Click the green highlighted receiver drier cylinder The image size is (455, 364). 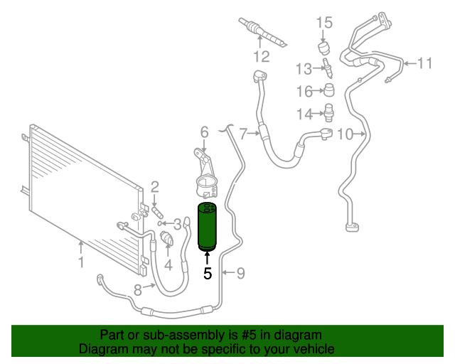pos(208,227)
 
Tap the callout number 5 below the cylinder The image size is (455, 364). pos(208,273)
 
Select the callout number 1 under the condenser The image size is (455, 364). pos(81,263)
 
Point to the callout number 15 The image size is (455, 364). pos(324,23)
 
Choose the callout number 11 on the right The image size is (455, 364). pos(424,64)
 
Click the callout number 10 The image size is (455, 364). pos(345,134)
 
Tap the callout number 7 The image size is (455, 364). pos(243,133)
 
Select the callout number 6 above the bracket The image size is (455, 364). pos(204,132)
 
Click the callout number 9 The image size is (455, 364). pos(240,272)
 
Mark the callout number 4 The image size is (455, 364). pos(168,266)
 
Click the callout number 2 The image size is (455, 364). pos(154,188)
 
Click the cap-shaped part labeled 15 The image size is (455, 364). pos(325,48)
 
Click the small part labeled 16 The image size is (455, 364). pos(328,90)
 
